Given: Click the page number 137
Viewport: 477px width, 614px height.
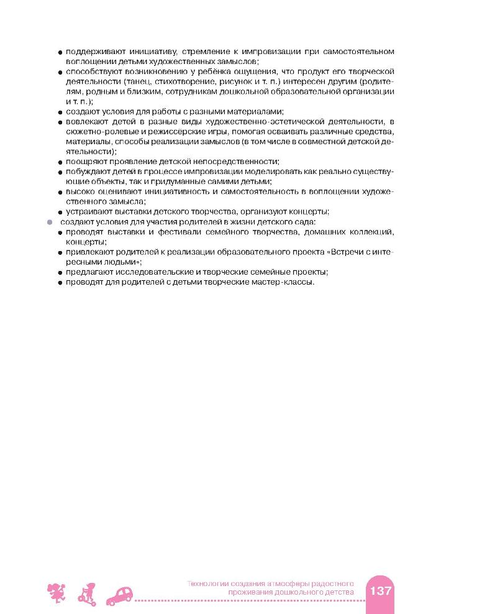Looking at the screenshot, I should coord(380,590).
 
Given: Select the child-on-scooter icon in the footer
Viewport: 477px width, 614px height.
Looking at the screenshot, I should coord(87,593).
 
